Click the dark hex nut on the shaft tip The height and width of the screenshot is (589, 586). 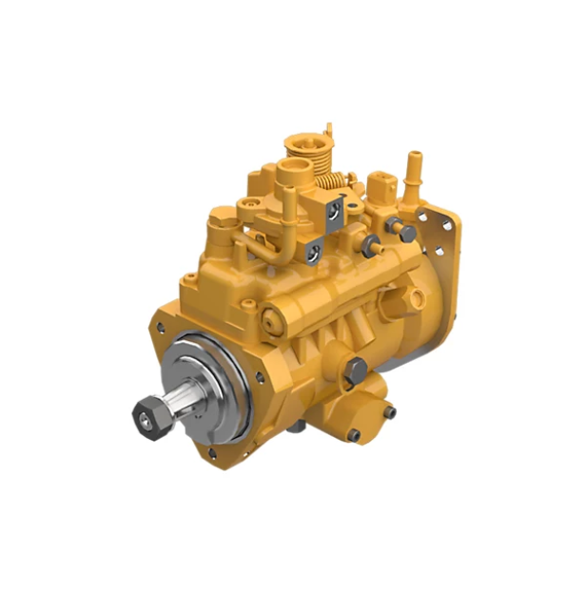tap(146, 410)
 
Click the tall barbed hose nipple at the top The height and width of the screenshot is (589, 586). tap(414, 171)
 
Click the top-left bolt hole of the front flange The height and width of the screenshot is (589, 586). tap(163, 327)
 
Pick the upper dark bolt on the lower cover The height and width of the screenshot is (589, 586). tap(387, 411)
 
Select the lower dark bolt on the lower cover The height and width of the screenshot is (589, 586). tap(353, 435)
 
